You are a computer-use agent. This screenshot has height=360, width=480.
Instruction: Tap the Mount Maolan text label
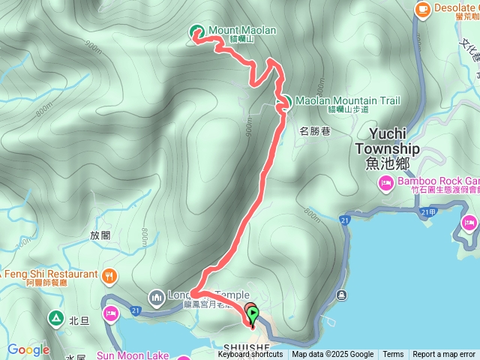[242, 30]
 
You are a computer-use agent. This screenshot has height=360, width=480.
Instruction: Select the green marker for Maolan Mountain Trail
[285, 101]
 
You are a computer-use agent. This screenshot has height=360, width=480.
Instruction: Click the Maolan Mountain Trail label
[347, 100]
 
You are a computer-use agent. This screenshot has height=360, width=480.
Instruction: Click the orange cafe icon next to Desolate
[423, 9]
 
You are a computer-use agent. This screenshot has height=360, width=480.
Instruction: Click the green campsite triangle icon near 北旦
[55, 319]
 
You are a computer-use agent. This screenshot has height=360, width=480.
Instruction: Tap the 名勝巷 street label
[315, 130]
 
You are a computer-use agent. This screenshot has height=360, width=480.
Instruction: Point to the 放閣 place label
[100, 235]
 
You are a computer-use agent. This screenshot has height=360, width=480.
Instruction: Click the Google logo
[28, 349]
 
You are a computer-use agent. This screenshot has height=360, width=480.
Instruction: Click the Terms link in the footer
[393, 355]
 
